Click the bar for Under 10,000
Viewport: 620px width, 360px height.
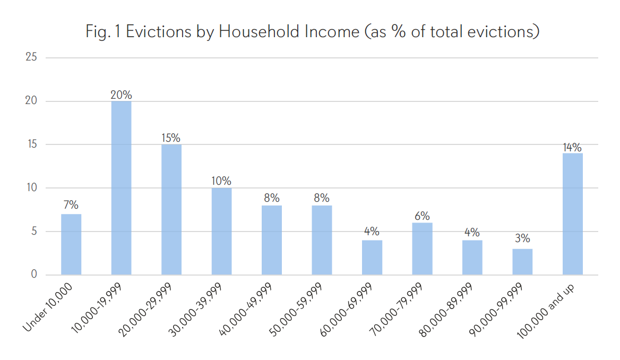pos(71,244)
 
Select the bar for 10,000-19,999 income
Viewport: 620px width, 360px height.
pos(121,188)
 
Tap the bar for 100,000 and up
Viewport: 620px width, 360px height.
pos(572,214)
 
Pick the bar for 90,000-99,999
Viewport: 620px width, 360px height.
pos(522,262)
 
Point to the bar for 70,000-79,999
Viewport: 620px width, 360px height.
pos(422,248)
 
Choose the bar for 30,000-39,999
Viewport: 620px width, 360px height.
pos(221,231)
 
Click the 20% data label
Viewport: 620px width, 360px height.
pos(121,95)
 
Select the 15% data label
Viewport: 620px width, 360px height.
pos(171,138)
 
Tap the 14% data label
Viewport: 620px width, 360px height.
pos(572,147)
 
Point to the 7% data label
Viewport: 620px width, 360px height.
pos(71,205)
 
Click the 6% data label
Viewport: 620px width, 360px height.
pos(422,216)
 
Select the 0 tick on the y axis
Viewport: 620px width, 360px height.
pos(34,275)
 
